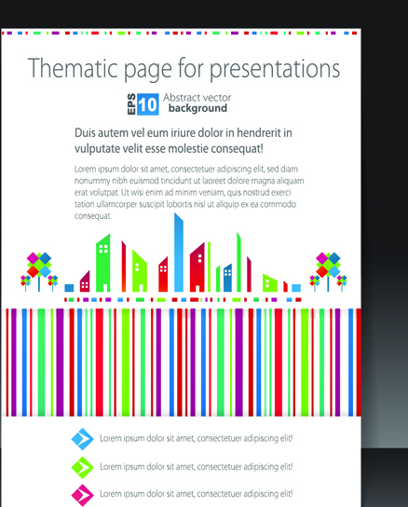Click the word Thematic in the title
click(x=72, y=68)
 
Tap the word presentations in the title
click(x=275, y=70)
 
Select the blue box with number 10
click(x=148, y=104)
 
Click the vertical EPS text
click(x=131, y=104)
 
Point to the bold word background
click(x=197, y=108)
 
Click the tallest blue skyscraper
click(x=179, y=253)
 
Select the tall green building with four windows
click(x=103, y=263)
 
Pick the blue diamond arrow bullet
click(x=83, y=439)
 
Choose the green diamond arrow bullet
click(x=83, y=467)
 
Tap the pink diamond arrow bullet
click(x=83, y=495)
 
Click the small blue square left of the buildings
click(x=69, y=288)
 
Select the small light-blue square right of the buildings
click(x=296, y=288)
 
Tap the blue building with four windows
click(x=227, y=278)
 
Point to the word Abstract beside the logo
click(x=179, y=97)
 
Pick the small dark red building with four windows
click(x=85, y=281)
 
